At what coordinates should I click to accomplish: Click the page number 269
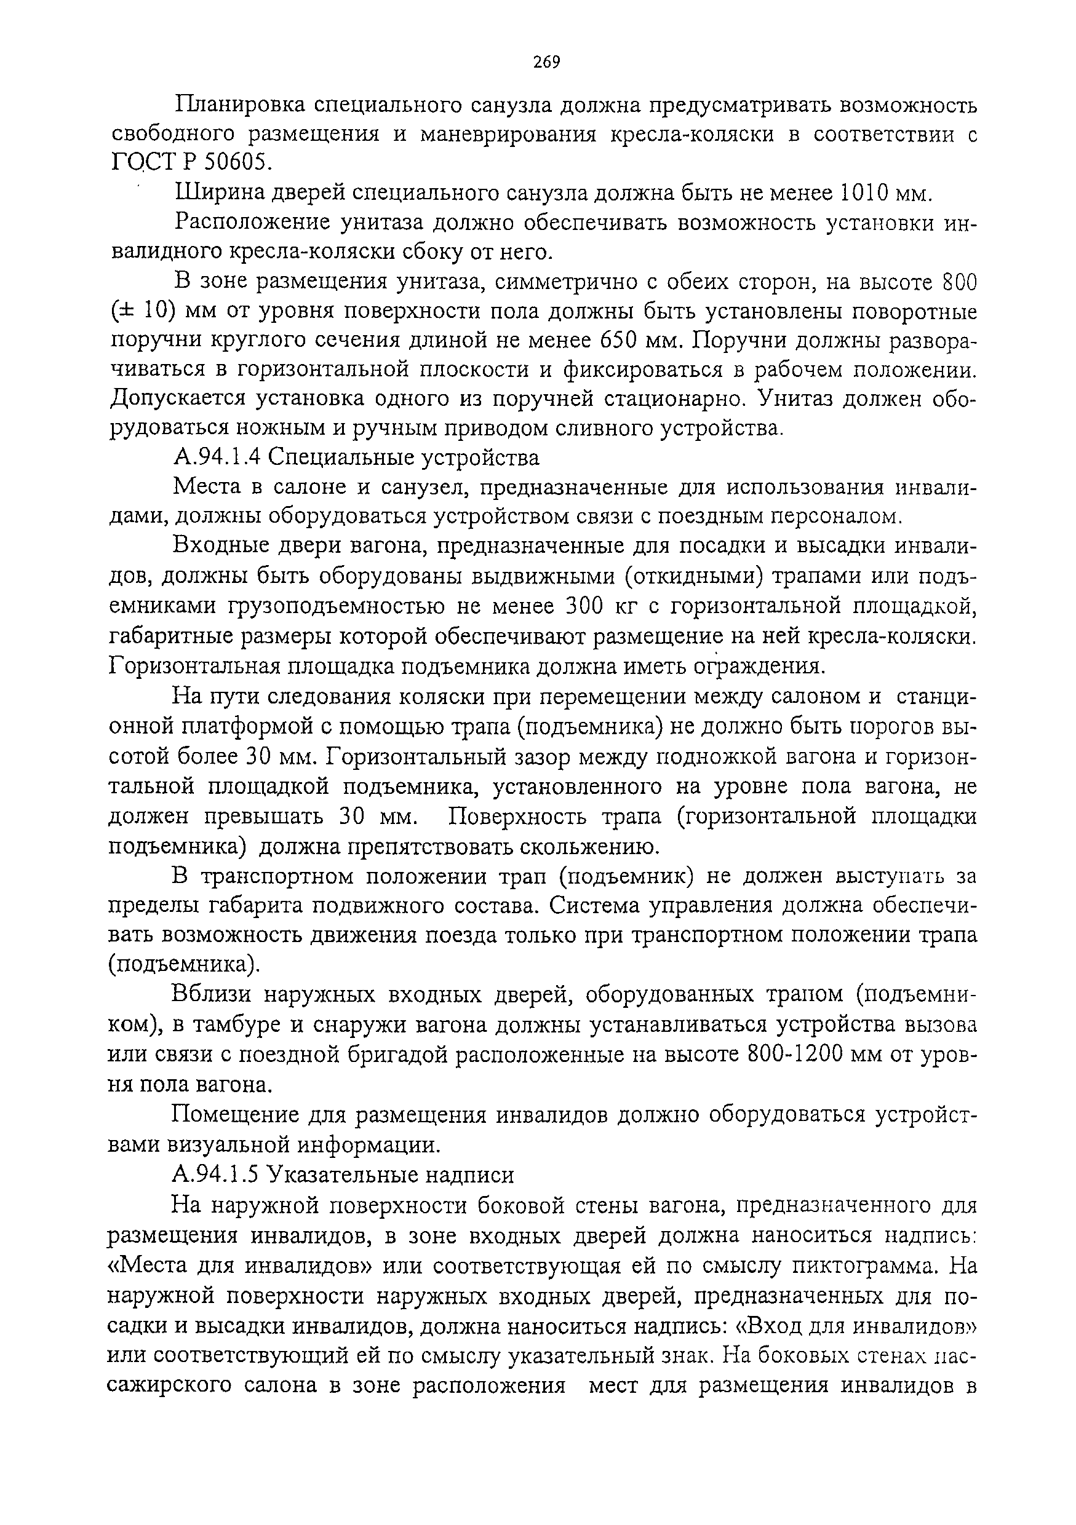pyautogui.click(x=546, y=63)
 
